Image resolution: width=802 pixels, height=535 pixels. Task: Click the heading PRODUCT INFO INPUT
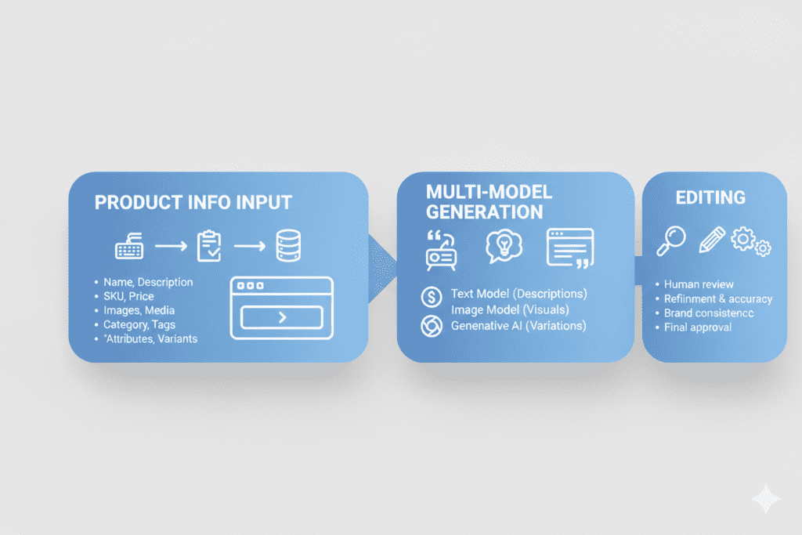(x=193, y=202)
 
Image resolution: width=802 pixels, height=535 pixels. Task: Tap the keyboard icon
(x=128, y=248)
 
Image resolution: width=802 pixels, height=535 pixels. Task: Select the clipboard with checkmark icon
(x=209, y=246)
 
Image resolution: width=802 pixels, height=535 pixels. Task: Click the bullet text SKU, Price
(x=128, y=296)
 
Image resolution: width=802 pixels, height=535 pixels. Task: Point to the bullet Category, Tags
(x=139, y=324)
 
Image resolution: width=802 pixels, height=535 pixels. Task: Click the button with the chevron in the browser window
(x=282, y=317)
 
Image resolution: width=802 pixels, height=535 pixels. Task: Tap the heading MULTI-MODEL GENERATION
(x=484, y=201)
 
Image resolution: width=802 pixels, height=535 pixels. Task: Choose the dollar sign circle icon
(x=432, y=296)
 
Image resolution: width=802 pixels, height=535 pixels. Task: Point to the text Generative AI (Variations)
(x=518, y=325)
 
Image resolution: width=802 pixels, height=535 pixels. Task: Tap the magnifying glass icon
(x=672, y=240)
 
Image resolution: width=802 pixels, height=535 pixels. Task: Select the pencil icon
(x=711, y=239)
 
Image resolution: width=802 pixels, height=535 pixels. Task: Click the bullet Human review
(x=699, y=284)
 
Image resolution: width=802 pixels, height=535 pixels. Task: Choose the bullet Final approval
(x=698, y=327)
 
